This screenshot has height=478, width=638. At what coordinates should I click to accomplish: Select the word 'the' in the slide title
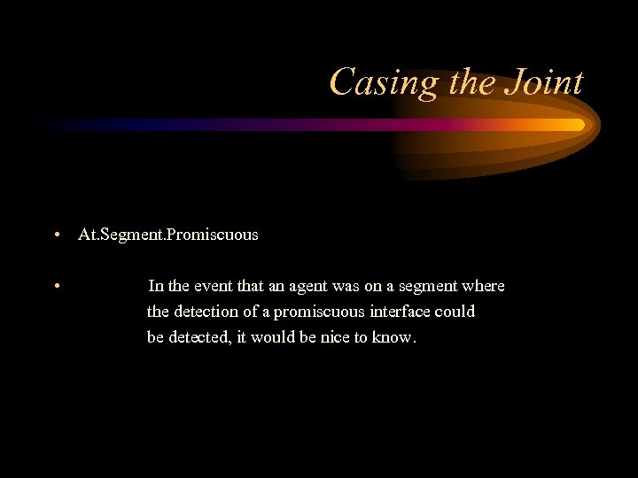click(x=470, y=83)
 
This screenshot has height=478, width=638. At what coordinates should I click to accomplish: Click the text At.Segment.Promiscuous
click(x=168, y=235)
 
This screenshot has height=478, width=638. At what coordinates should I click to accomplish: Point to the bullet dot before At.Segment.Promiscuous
click(x=56, y=235)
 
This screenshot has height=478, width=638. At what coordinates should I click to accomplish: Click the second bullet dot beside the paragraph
click(x=56, y=286)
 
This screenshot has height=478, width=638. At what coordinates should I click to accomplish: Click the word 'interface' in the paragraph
click(x=397, y=312)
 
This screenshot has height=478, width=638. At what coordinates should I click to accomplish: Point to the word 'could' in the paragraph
click(x=455, y=312)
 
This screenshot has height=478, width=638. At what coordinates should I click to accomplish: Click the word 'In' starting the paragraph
click(x=155, y=286)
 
